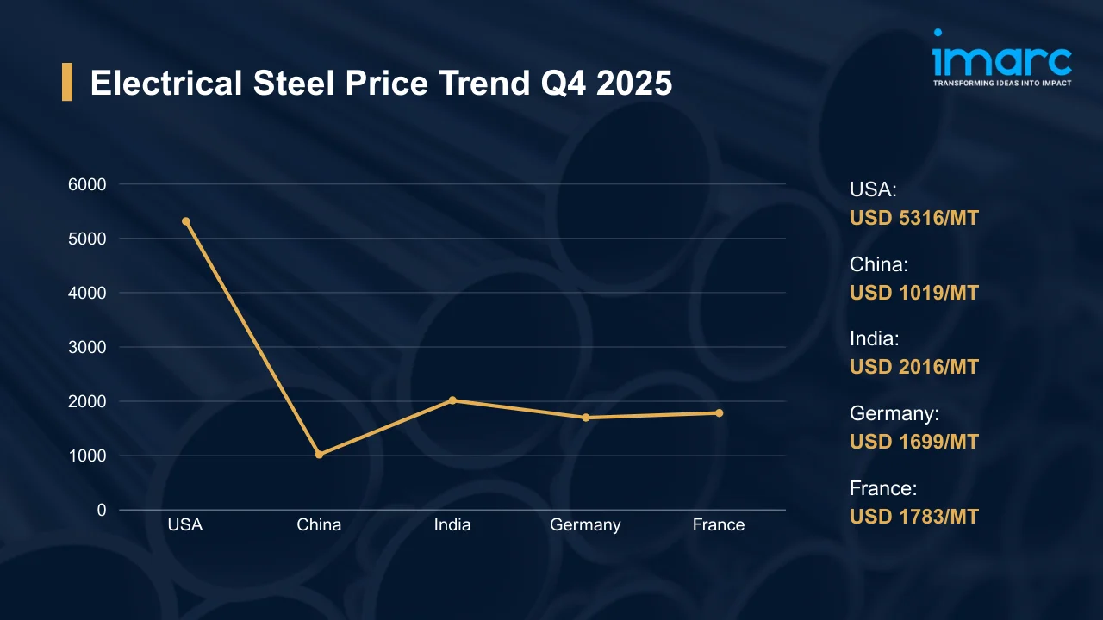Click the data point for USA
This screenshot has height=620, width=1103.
pyautogui.click(x=186, y=221)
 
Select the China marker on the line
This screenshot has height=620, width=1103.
pyautogui.click(x=319, y=454)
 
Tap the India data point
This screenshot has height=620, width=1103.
pyautogui.click(x=452, y=400)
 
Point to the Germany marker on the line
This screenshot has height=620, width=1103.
pyautogui.click(x=586, y=418)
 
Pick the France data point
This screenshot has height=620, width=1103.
pyautogui.click(x=719, y=413)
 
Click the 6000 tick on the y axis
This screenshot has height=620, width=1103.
pyautogui.click(x=88, y=184)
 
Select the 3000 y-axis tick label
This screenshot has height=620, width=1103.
pyautogui.click(x=88, y=347)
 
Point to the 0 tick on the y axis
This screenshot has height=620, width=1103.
pyautogui.click(x=102, y=510)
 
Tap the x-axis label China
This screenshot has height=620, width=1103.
pyautogui.click(x=319, y=525)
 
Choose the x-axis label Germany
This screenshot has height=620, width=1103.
pyautogui.click(x=585, y=525)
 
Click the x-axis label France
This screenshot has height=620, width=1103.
pyautogui.click(x=719, y=525)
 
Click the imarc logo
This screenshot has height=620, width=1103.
pyautogui.click(x=1002, y=58)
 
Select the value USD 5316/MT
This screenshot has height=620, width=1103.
pyautogui.click(x=914, y=218)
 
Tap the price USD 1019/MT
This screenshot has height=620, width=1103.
pyautogui.click(x=914, y=293)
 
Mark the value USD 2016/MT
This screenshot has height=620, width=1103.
pyautogui.click(x=914, y=367)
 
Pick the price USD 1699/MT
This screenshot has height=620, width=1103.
pyautogui.click(x=914, y=442)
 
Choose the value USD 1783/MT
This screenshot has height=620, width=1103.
pyautogui.click(x=914, y=517)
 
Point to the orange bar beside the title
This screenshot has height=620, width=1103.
pyautogui.click(x=67, y=82)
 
